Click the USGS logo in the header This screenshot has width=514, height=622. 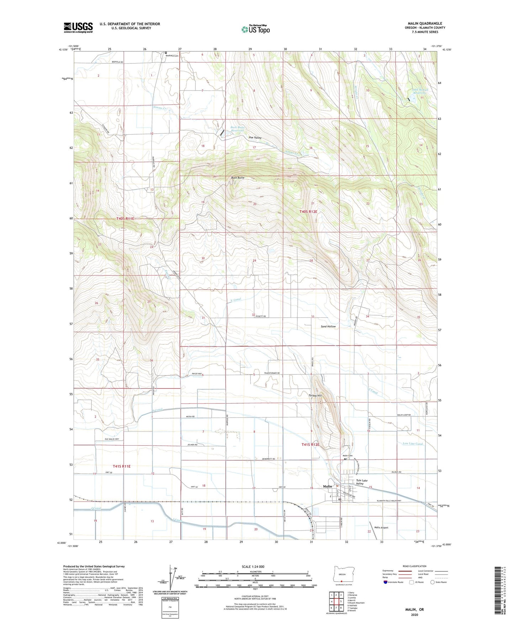(x=78, y=27)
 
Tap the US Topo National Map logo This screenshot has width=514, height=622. (x=255, y=29)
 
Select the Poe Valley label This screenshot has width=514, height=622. (x=255, y=138)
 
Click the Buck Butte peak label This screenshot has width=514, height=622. (x=238, y=177)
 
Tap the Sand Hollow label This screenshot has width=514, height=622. (x=328, y=326)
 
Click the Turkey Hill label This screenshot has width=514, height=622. (x=315, y=395)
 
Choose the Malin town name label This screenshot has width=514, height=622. (x=327, y=486)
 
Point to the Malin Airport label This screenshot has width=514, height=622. (x=381, y=528)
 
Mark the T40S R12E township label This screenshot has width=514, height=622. (x=308, y=212)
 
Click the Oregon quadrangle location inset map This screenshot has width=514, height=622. (x=342, y=574)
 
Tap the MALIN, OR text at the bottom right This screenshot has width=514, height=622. (x=414, y=610)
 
